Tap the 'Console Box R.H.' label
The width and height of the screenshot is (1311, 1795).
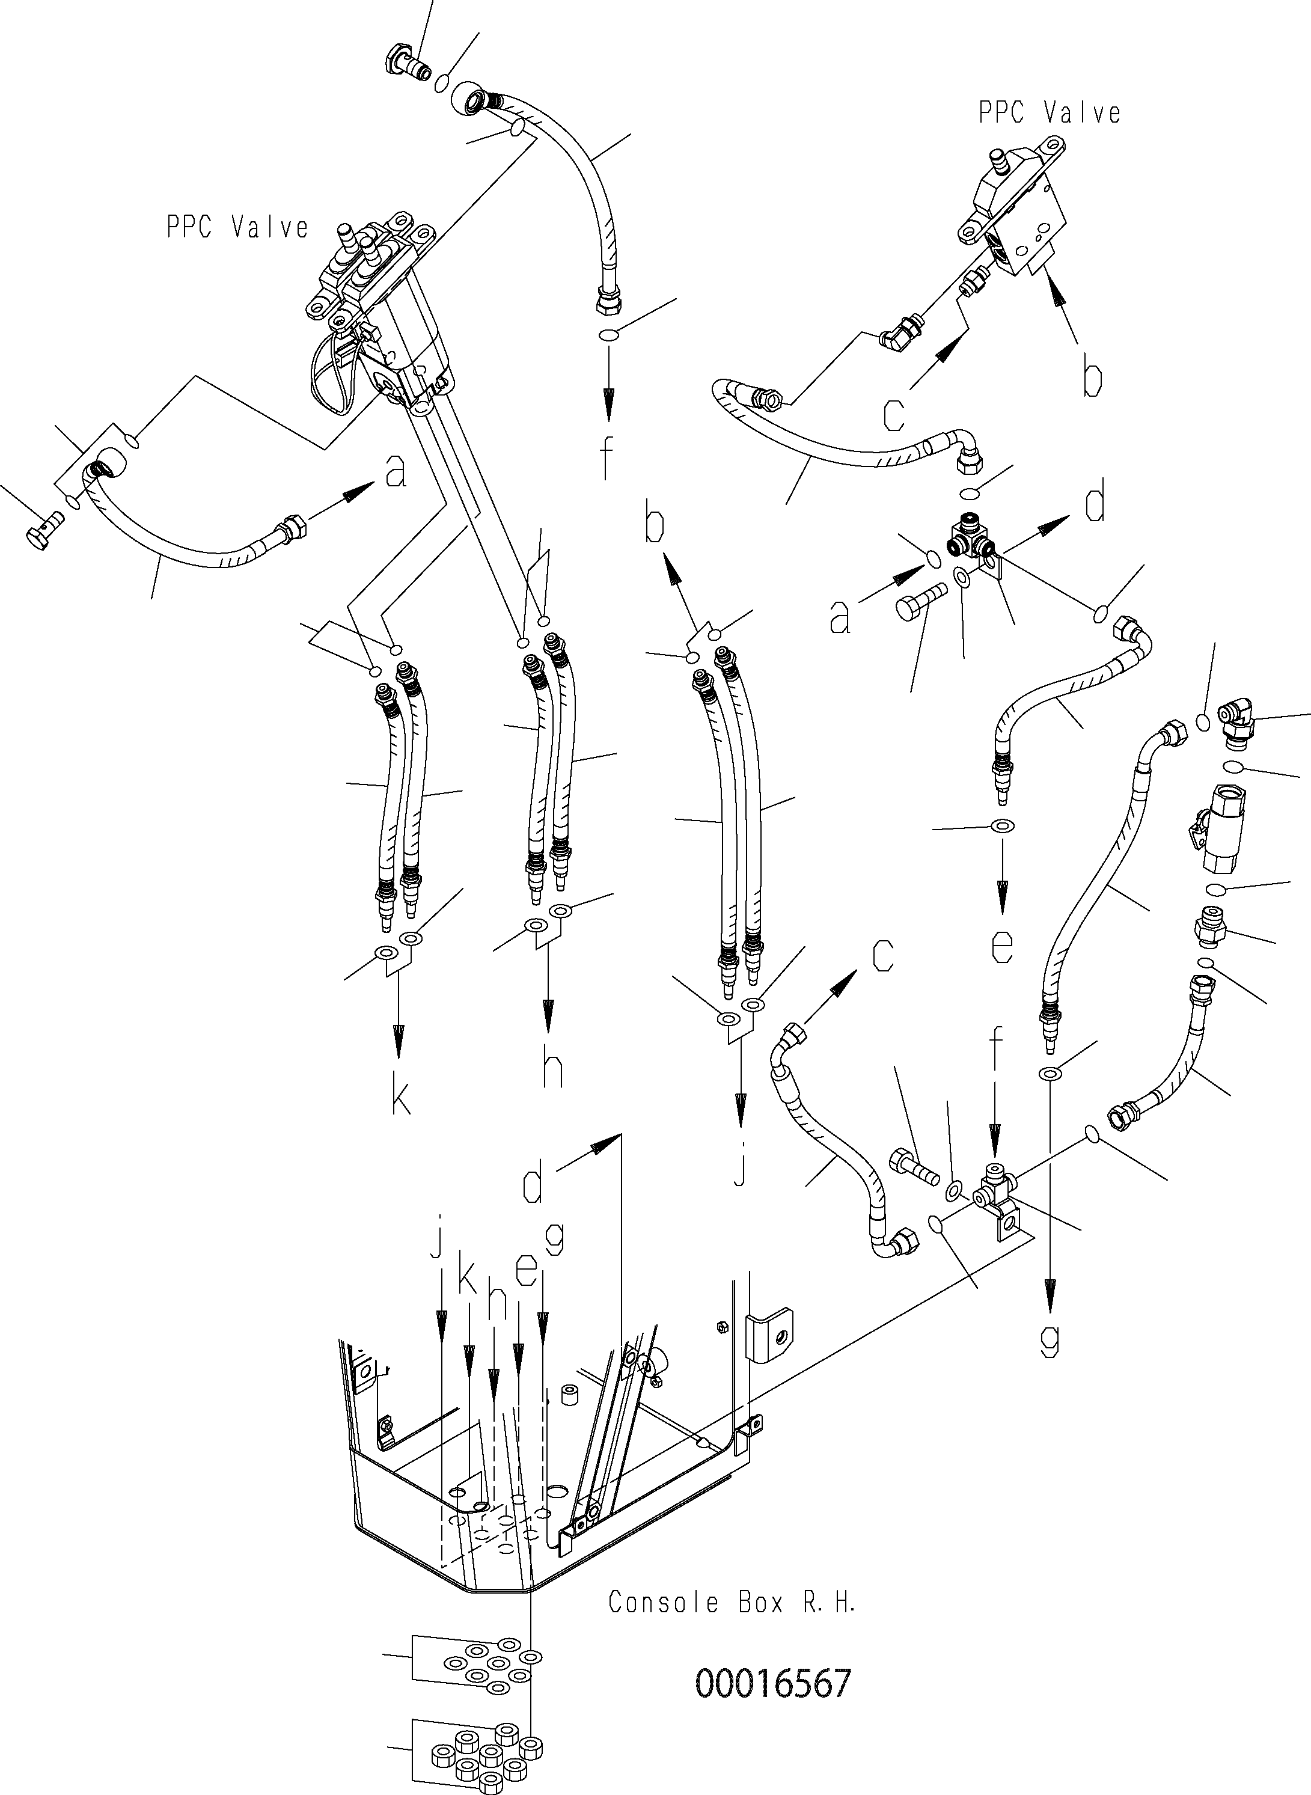732,1601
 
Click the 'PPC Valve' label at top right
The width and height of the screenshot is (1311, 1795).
1049,114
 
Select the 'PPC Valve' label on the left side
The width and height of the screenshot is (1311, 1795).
237,228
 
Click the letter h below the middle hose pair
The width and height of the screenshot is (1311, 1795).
552,1068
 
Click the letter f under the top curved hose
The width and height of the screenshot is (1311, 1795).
607,459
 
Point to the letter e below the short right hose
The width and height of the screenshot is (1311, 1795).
1002,946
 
